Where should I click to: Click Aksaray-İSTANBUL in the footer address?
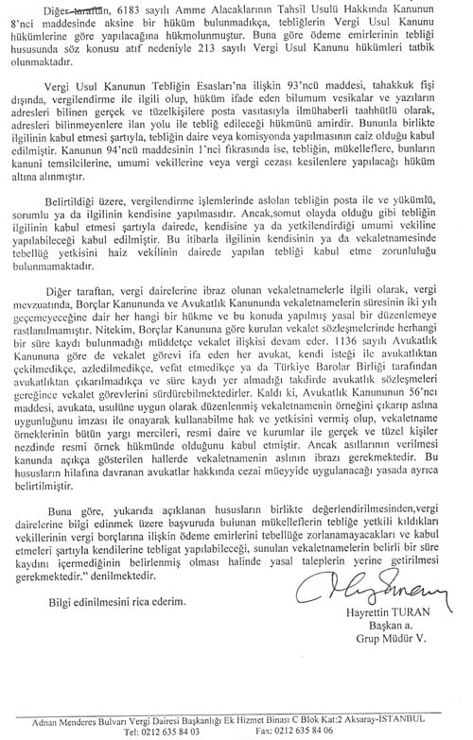[400, 719]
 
